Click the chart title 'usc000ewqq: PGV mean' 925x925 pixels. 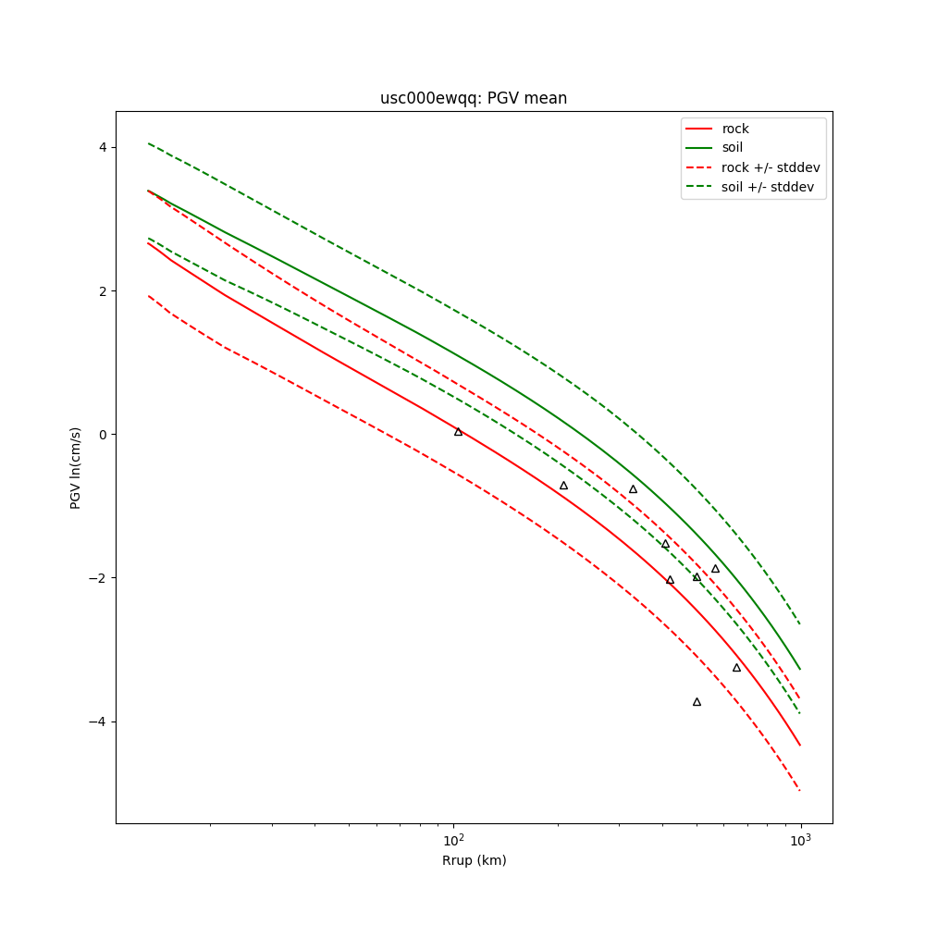click(474, 98)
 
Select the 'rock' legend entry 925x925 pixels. click(735, 129)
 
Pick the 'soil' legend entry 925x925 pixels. click(733, 148)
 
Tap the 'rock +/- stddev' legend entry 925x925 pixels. click(771, 167)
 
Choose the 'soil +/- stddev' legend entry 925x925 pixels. click(770, 187)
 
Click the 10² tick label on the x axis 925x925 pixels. click(453, 840)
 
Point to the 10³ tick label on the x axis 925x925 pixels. click(800, 840)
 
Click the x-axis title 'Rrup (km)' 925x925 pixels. click(474, 860)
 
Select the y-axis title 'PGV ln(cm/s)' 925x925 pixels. click(76, 467)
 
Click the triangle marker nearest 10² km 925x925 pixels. click(458, 432)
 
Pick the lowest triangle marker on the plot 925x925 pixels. click(697, 702)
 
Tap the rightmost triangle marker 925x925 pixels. click(736, 668)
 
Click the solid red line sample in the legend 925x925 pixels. click(699, 129)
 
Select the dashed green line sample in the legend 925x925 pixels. click(699, 187)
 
